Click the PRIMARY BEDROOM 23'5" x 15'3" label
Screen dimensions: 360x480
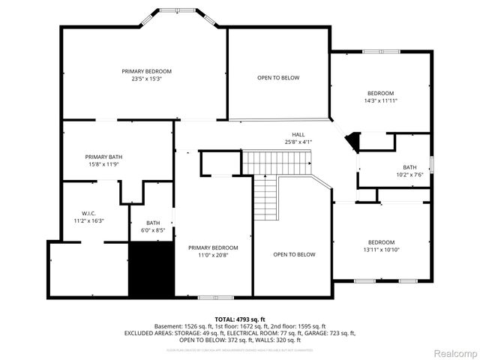(x=147, y=74)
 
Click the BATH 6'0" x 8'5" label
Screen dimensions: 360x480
(x=153, y=226)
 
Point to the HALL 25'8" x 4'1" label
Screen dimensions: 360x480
(x=298, y=138)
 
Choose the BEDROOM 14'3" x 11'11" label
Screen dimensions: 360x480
(x=381, y=96)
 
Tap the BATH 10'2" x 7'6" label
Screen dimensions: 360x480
(x=409, y=171)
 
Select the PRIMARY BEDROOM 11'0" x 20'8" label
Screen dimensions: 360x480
(x=213, y=252)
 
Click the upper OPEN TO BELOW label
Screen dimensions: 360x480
(x=278, y=78)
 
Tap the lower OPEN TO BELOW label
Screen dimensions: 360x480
(x=294, y=254)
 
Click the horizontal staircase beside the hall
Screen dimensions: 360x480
(x=277, y=160)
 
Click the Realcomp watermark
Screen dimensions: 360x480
(x=455, y=352)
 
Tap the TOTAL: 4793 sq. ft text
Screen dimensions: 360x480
(x=240, y=319)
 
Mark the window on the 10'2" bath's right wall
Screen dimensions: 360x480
(x=432, y=163)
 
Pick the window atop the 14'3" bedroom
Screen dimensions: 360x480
(x=381, y=51)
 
